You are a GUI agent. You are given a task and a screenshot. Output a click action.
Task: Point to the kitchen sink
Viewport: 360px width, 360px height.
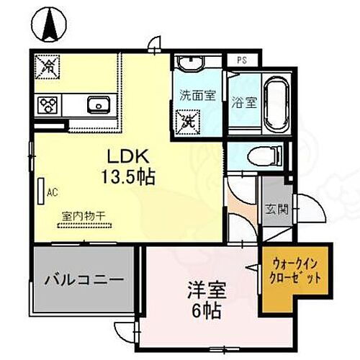tap(98, 105)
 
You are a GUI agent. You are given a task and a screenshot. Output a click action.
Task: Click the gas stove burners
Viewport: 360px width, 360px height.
tap(49, 105)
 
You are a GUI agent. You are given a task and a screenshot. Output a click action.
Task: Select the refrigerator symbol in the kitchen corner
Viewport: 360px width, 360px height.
tap(48, 66)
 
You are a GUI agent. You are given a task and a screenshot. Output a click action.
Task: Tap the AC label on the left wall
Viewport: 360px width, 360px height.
tap(52, 192)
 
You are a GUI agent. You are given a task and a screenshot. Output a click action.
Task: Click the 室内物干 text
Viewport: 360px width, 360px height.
tap(83, 214)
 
